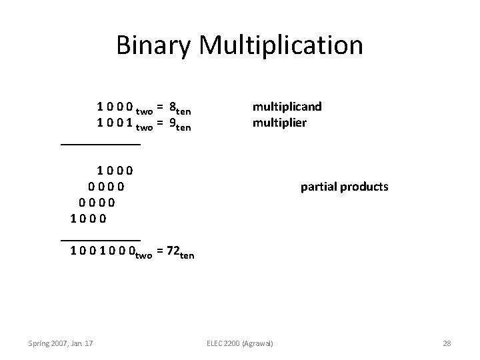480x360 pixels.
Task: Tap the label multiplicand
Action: coord(287,106)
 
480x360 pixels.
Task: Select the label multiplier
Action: coord(279,122)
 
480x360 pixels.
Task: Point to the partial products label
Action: coord(344,187)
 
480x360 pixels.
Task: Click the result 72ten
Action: coord(178,252)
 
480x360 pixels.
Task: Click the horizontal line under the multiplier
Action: coord(100,144)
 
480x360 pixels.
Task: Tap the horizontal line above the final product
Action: coord(100,238)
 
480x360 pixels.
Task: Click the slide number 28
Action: coord(447,343)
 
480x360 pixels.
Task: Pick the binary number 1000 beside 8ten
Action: coord(115,107)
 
